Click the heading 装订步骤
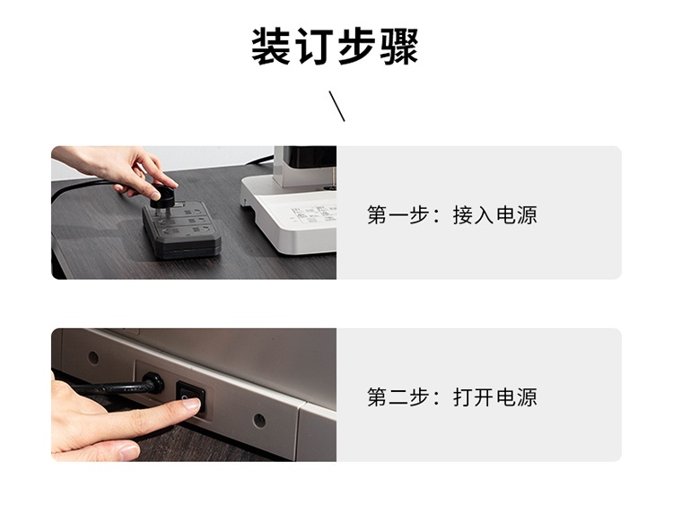(x=335, y=47)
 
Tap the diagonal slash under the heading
(x=336, y=106)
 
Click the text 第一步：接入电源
(x=452, y=214)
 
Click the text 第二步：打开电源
(x=452, y=396)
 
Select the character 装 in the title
(x=271, y=47)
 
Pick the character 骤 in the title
(x=399, y=47)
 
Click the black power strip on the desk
(x=182, y=230)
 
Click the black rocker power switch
(x=191, y=396)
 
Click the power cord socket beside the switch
(x=153, y=382)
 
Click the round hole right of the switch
(x=259, y=421)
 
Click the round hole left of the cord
(x=93, y=357)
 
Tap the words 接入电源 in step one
(x=494, y=214)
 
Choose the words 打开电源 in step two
(x=494, y=396)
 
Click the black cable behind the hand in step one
(x=82, y=187)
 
